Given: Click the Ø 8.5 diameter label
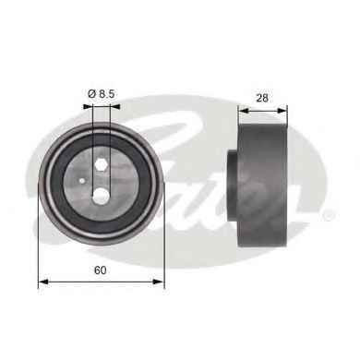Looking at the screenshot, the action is click(101, 94).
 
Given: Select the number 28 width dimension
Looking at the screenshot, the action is click(262, 98).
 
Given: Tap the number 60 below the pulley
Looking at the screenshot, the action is click(101, 270).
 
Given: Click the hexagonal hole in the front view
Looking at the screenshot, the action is click(101, 164).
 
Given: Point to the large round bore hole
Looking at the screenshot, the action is click(101, 196).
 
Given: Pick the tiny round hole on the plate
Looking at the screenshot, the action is click(82, 181).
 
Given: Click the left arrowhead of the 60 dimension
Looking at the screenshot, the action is click(43, 282).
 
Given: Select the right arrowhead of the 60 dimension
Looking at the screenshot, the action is click(159, 282).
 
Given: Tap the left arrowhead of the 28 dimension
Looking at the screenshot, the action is click(244, 110).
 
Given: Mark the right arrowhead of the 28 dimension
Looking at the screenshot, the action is click(282, 110).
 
